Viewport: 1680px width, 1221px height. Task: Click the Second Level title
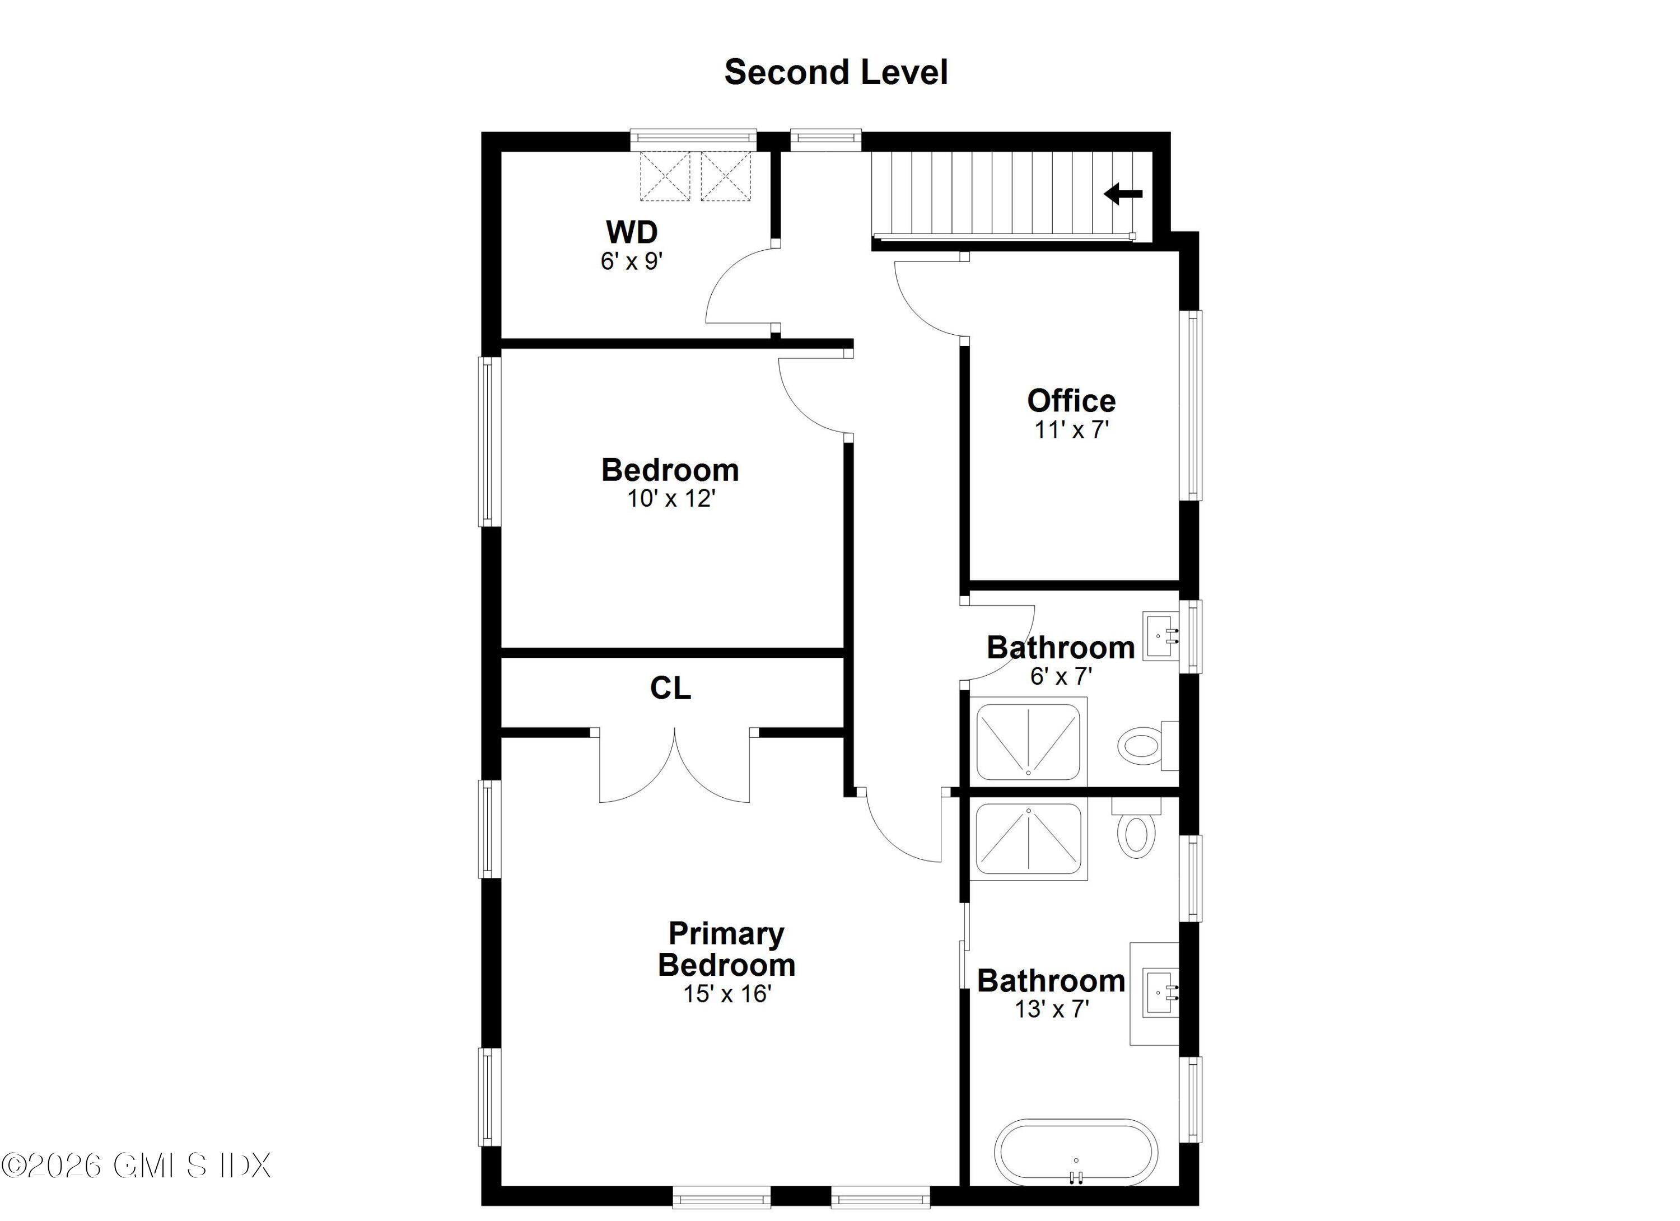(x=836, y=73)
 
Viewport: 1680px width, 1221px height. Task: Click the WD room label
(x=631, y=232)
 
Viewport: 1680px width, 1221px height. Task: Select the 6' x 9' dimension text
(x=631, y=261)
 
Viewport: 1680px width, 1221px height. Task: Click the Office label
(x=1071, y=401)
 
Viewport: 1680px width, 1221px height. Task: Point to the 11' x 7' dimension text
(x=1071, y=429)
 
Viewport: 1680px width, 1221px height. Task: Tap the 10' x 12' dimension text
(x=670, y=499)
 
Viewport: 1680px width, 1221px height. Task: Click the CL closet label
(x=670, y=689)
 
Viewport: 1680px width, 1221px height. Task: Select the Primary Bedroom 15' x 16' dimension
(x=727, y=994)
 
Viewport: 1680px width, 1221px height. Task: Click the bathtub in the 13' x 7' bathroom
(x=1076, y=1153)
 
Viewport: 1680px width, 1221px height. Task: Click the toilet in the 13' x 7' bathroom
(x=1136, y=834)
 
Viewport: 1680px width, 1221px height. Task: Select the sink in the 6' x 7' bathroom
(x=1161, y=635)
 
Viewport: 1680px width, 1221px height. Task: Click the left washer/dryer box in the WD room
(x=665, y=176)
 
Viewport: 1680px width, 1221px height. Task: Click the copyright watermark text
(x=136, y=1166)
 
